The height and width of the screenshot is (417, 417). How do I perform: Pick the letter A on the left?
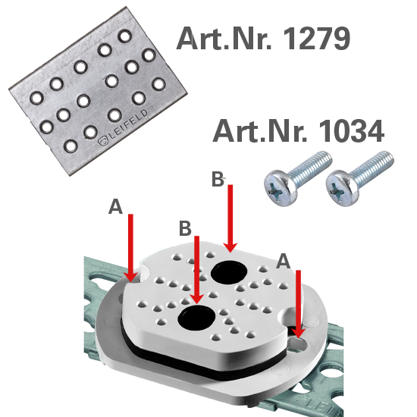[x=115, y=207]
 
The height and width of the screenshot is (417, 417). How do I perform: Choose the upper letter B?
[x=217, y=180]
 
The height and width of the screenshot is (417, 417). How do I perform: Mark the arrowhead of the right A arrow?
[x=299, y=331]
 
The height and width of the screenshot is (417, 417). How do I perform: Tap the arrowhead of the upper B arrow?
[x=230, y=246]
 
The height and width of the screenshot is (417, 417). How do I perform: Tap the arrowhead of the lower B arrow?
[x=197, y=297]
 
